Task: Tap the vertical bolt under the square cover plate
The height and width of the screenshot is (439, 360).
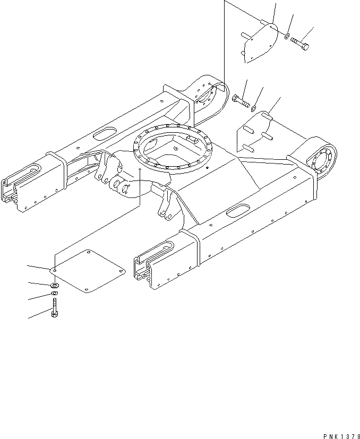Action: [x=54, y=307]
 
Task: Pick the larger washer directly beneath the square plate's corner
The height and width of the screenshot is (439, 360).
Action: [x=54, y=286]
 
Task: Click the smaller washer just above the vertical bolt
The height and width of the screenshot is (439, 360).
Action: [x=54, y=294]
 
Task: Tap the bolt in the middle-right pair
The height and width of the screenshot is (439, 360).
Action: [x=241, y=101]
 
